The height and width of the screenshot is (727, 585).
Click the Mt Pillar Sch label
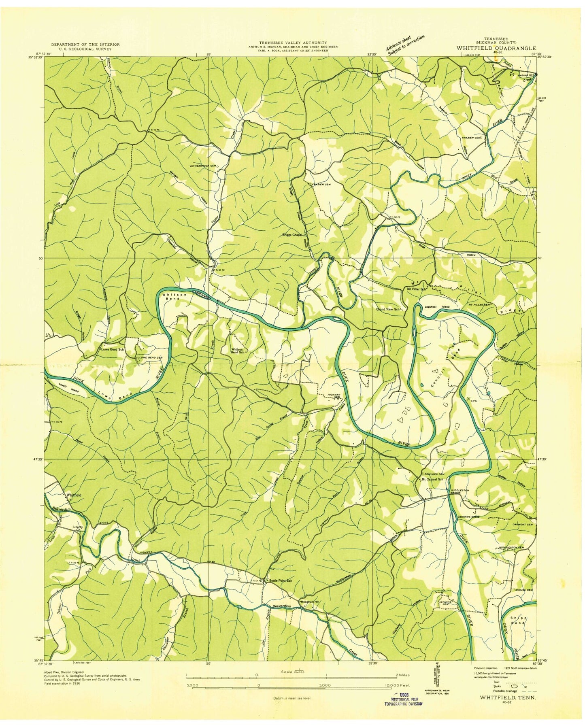417,289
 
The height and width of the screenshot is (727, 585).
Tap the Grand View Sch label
389,309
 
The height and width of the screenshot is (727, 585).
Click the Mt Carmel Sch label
432,479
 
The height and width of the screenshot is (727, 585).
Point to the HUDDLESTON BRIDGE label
458,491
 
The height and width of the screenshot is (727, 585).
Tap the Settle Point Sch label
279,581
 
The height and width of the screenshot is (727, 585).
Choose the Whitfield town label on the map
74,495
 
